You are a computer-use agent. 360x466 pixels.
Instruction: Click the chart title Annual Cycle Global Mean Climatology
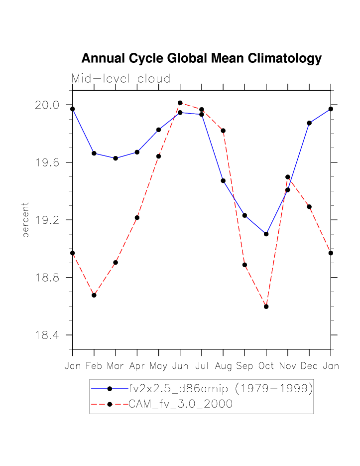(x=201, y=58)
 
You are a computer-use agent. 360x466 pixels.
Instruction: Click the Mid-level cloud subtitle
(x=121, y=79)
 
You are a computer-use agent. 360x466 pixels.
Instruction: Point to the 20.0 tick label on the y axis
(x=47, y=105)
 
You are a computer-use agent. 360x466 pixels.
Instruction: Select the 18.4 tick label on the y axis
(x=47, y=335)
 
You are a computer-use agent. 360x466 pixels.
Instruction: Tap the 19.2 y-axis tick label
(x=47, y=220)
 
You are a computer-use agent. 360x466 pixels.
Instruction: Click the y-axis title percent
(x=26, y=220)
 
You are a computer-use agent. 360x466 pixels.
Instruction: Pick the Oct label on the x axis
(x=266, y=366)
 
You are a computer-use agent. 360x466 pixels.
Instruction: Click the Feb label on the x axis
(x=94, y=366)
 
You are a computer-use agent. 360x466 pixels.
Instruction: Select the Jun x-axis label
(x=180, y=366)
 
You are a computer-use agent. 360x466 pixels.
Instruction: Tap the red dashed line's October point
(x=266, y=307)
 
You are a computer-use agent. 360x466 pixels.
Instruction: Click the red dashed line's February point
(x=94, y=295)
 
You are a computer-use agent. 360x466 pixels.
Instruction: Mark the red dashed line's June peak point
(x=180, y=103)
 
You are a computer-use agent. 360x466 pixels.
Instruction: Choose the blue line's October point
(x=266, y=234)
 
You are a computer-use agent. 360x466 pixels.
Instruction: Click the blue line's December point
(x=309, y=123)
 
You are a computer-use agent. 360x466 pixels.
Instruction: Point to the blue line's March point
(x=116, y=158)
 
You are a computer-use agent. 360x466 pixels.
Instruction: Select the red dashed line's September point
(x=244, y=265)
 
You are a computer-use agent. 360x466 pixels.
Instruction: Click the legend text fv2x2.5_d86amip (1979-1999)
(x=221, y=388)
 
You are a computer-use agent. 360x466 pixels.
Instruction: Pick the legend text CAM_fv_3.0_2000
(x=180, y=404)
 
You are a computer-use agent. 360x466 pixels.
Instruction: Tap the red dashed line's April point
(x=137, y=217)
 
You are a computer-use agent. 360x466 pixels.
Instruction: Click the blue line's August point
(x=223, y=180)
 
